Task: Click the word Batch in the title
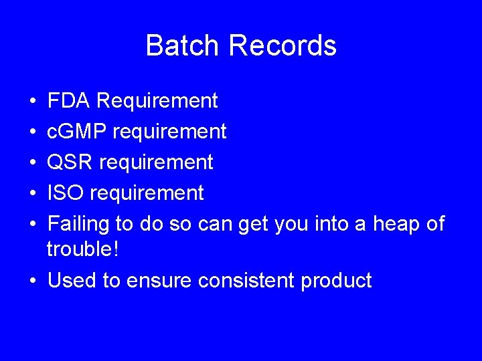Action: [x=183, y=46]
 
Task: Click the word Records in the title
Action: [x=282, y=46]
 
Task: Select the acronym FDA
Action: [x=69, y=101]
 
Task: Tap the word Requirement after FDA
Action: [x=157, y=101]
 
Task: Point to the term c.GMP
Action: [x=76, y=132]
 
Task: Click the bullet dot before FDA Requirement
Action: [x=33, y=102]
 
